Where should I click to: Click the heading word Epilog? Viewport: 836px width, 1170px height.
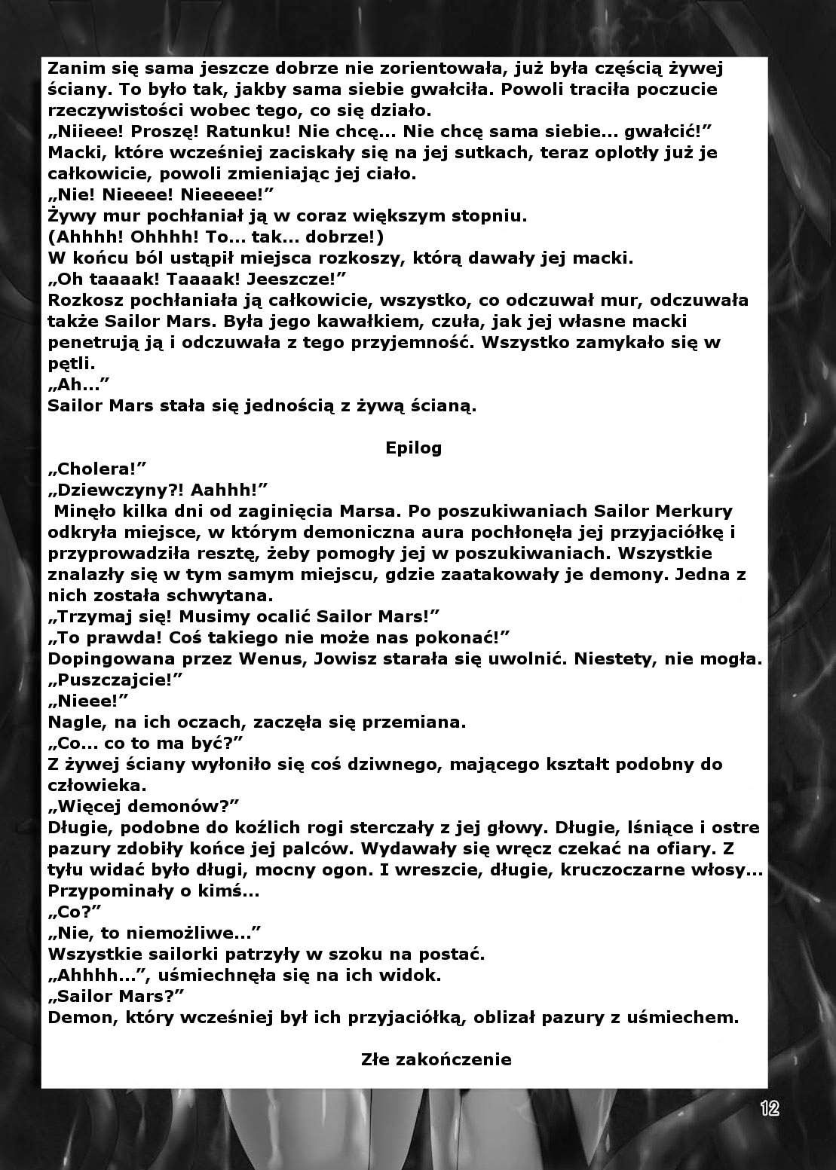pyautogui.click(x=413, y=448)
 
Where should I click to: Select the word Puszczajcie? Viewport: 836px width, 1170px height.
pyautogui.click(x=116, y=680)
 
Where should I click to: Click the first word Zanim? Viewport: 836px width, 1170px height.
pyautogui.click(x=73, y=69)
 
